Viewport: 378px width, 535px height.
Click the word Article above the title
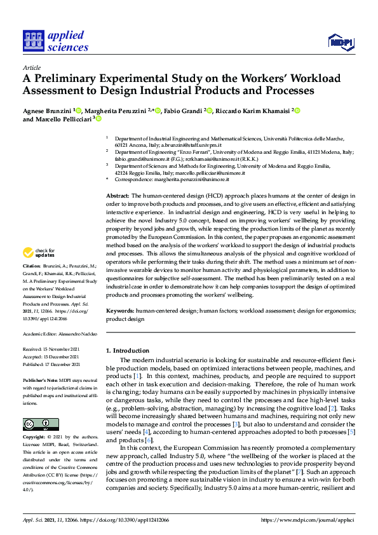[31, 67]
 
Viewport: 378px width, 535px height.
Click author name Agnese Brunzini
[48, 110]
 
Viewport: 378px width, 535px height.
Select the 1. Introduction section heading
[127, 351]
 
